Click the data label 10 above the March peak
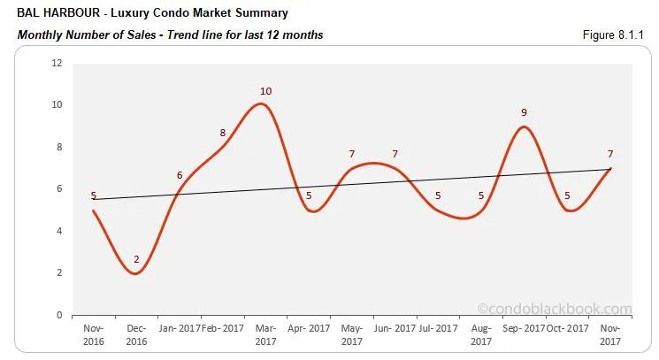coord(265,91)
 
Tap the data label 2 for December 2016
coord(136,259)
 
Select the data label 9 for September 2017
coord(524,112)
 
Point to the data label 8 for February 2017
coord(223,133)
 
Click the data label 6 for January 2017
coord(180,175)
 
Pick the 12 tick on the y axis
coord(57,64)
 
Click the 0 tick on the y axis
coord(59,315)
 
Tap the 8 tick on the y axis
coord(59,147)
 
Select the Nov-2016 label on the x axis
coord(93,333)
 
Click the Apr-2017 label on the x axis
coord(308,327)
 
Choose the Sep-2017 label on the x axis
coord(524,327)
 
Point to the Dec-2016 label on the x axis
coord(135,333)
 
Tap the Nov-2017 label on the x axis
coord(610,333)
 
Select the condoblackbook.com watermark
coord(555,309)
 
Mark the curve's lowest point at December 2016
coord(135,273)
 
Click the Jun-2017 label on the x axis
coord(395,327)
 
